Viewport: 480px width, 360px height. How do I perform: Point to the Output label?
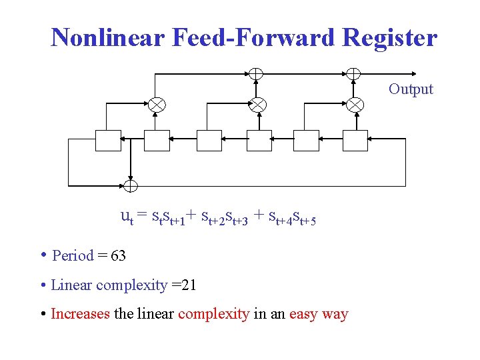pyautogui.click(x=411, y=89)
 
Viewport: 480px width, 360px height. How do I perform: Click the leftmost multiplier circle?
pyautogui.click(x=157, y=104)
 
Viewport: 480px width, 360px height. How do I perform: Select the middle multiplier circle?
pyautogui.click(x=257, y=104)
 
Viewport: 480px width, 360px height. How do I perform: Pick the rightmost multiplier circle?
pyautogui.click(x=355, y=104)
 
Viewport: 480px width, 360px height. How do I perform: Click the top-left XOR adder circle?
pyautogui.click(x=255, y=73)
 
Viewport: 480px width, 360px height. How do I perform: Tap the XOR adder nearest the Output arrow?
pyautogui.click(x=353, y=73)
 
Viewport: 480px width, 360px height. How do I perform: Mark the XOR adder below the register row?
pyautogui.click(x=131, y=185)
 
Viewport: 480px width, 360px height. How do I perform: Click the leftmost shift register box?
pyautogui.click(x=108, y=140)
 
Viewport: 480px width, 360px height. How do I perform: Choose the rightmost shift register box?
pyautogui.click(x=355, y=140)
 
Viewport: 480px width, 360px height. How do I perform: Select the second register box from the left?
pyautogui.click(x=157, y=140)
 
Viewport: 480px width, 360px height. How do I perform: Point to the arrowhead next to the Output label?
pyautogui.click(x=413, y=73)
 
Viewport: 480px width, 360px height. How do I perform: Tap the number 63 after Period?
pyautogui.click(x=119, y=255)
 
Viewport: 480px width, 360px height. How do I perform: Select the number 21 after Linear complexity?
pyautogui.click(x=187, y=285)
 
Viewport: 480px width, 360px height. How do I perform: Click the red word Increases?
pyautogui.click(x=80, y=313)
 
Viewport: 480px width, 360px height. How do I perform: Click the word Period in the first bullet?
pyautogui.click(x=73, y=255)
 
